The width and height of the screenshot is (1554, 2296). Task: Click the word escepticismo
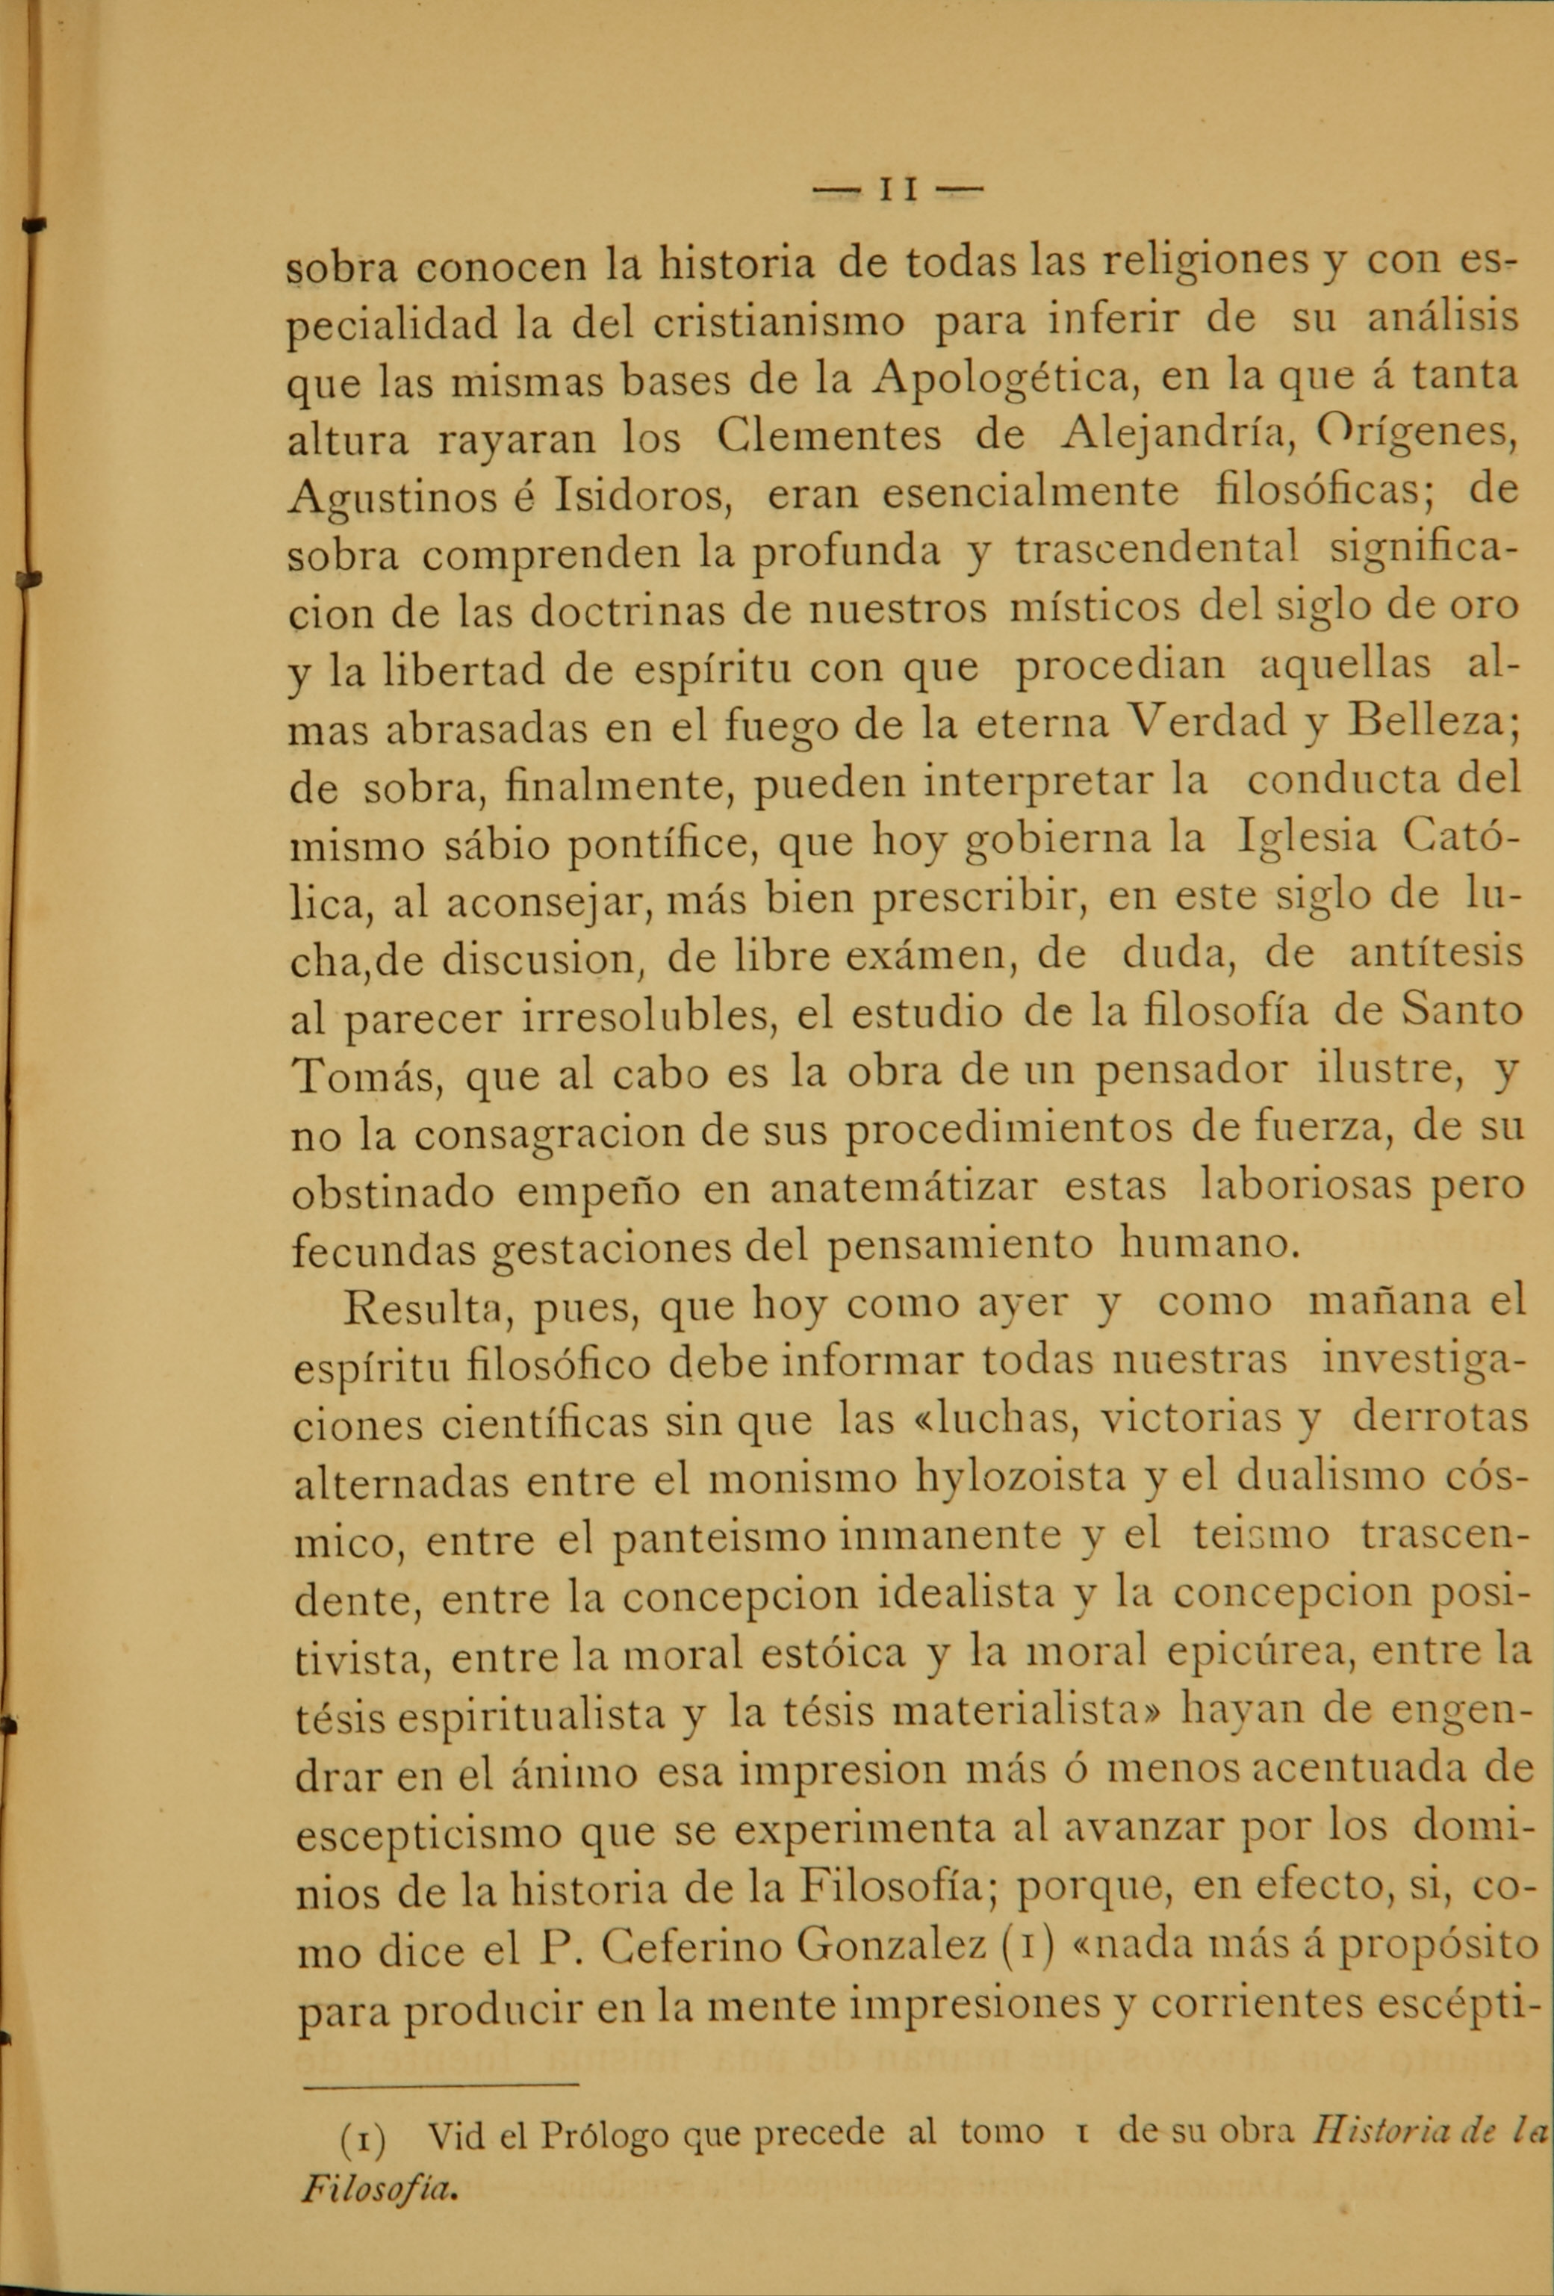tap(432, 1831)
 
